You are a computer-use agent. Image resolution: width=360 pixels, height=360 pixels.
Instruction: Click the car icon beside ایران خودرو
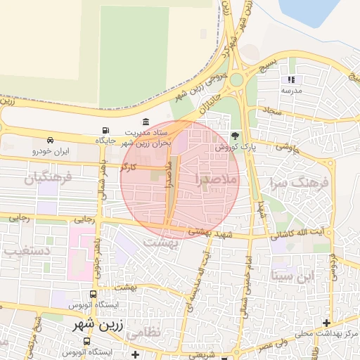point(51,141)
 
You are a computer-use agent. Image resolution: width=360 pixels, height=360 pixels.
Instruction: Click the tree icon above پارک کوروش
point(234,136)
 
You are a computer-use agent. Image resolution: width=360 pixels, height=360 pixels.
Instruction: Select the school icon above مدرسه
point(291,80)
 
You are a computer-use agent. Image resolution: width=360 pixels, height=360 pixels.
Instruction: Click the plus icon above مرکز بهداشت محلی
point(326,323)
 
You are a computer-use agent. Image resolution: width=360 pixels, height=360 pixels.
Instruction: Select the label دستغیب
point(26,250)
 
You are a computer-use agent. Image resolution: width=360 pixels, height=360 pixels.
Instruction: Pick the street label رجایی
point(19,219)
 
